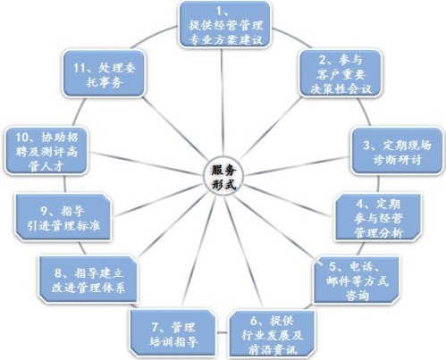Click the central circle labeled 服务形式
(x=223, y=178)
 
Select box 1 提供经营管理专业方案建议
(x=225, y=24)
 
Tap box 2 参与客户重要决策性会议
(x=341, y=73)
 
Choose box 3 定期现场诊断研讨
(x=397, y=151)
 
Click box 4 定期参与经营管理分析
(x=378, y=217)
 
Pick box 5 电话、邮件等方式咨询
(x=357, y=280)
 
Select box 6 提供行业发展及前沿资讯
(x=272, y=334)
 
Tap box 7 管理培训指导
(x=173, y=333)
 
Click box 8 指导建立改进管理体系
(x=88, y=280)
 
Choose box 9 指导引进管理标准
(x=63, y=217)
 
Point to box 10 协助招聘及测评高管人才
(x=46, y=151)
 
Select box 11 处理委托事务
(x=104, y=73)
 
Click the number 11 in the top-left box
(x=80, y=68)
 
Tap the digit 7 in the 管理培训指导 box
(x=156, y=327)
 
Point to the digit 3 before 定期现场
(x=366, y=146)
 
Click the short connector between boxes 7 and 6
(x=223, y=332)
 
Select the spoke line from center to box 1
(x=222, y=103)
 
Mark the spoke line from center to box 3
(x=298, y=165)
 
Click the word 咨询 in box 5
(x=357, y=296)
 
